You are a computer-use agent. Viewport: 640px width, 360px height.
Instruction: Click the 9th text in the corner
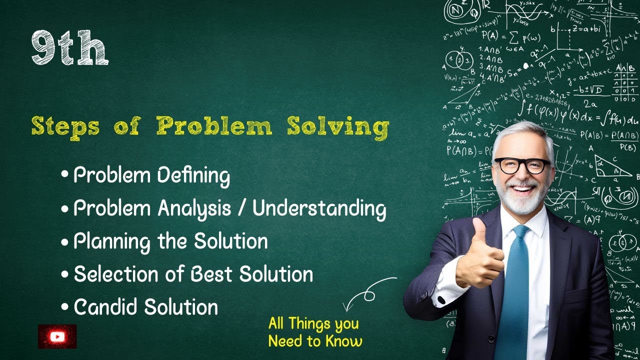69,48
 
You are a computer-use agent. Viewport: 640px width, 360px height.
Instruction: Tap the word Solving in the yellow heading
338,126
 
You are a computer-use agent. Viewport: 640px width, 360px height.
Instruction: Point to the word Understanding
319,209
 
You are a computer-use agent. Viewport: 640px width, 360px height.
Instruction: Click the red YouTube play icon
57,336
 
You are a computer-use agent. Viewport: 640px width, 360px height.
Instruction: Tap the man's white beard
520,200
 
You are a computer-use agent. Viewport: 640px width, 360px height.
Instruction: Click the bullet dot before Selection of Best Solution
64,275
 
